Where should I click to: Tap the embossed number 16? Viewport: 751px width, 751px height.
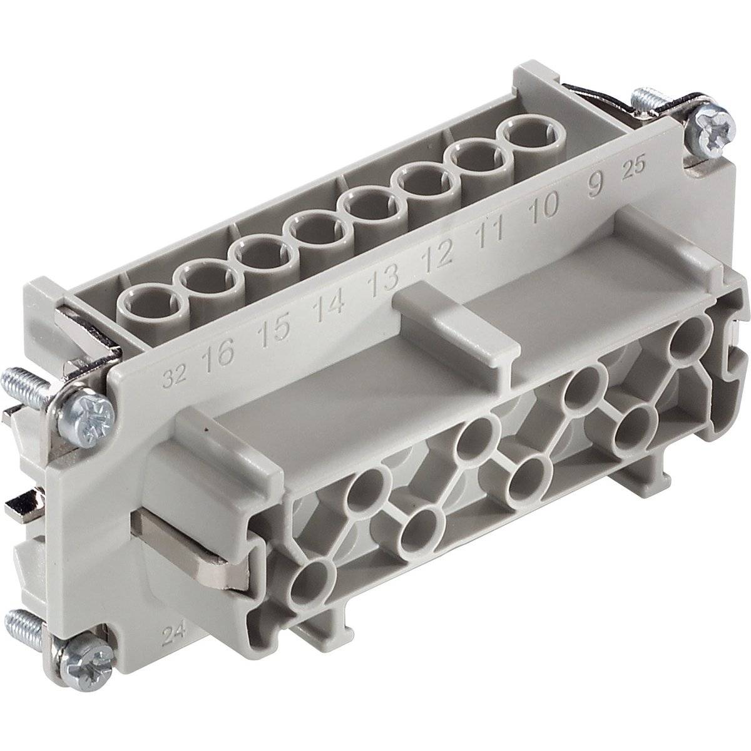click(x=218, y=354)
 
